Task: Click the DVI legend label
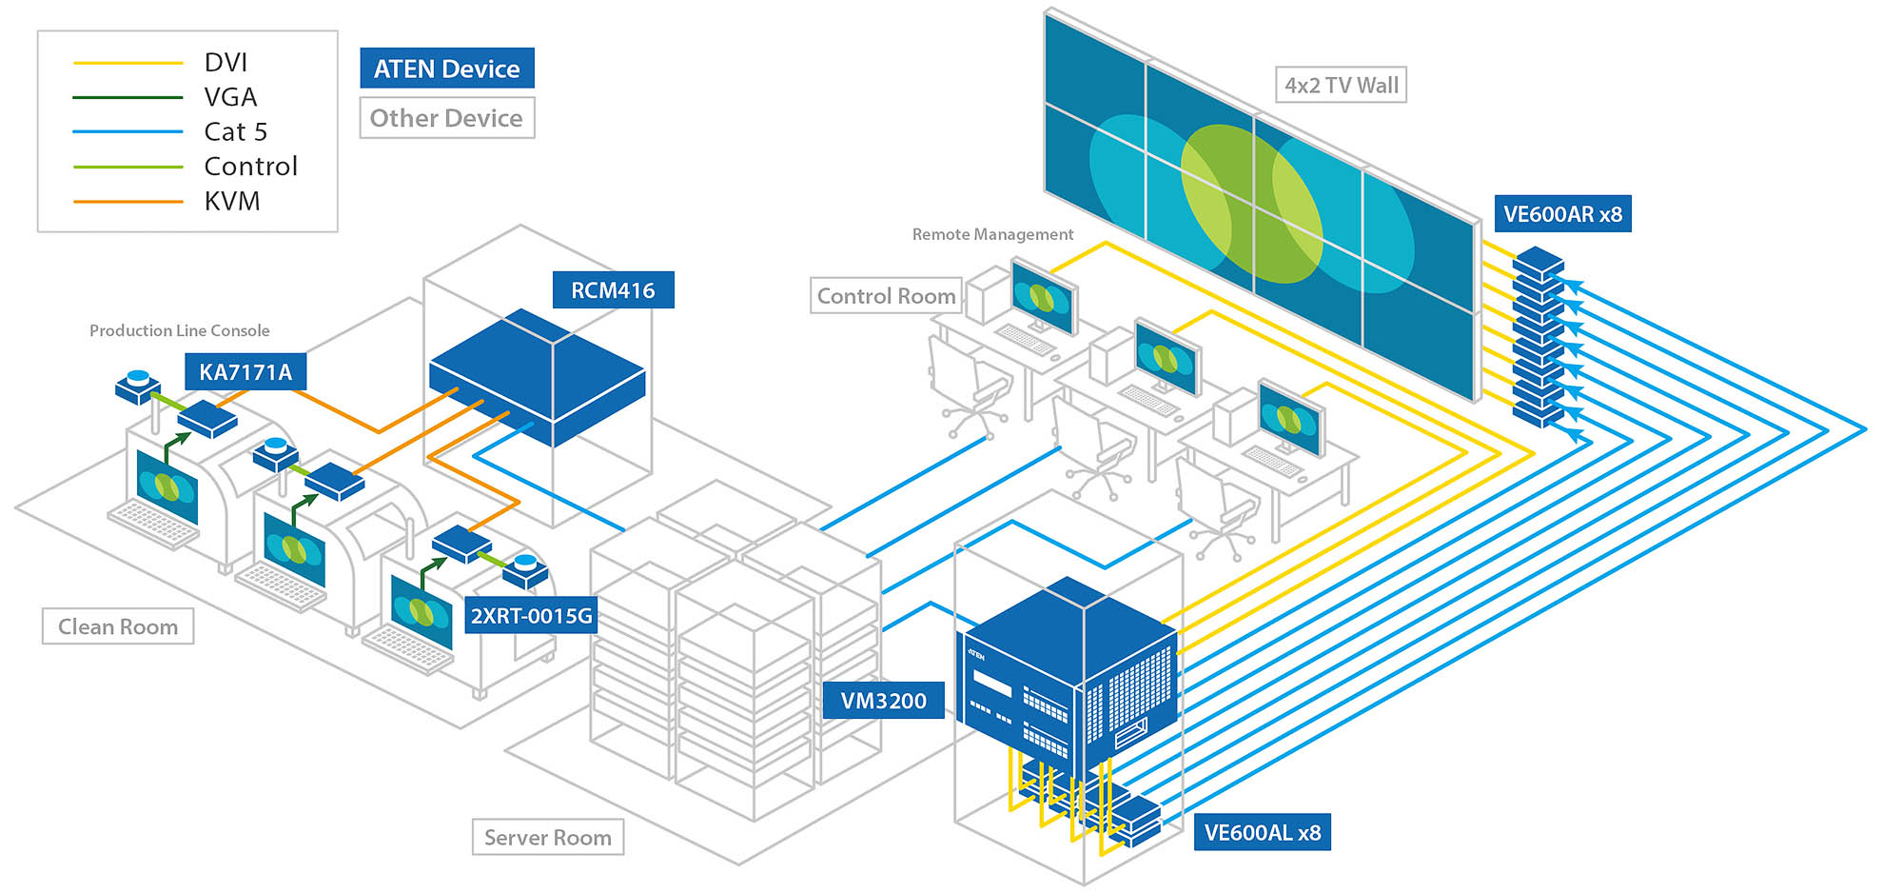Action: pyautogui.click(x=225, y=63)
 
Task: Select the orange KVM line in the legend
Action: pyautogui.click(x=127, y=202)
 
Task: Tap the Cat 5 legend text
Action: pyautogui.click(x=235, y=131)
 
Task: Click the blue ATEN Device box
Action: pyautogui.click(x=446, y=69)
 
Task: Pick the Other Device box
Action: pyautogui.click(x=446, y=118)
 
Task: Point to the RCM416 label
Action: pyautogui.click(x=613, y=290)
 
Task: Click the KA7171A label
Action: pyautogui.click(x=245, y=372)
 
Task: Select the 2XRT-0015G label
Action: pyautogui.click(x=531, y=616)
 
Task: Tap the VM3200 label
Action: pyautogui.click(x=883, y=701)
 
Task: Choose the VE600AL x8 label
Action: pyautogui.click(x=1262, y=833)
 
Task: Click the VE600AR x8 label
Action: pyautogui.click(x=1562, y=214)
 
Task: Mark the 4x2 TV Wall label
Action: pyautogui.click(x=1341, y=86)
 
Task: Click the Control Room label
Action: pyautogui.click(x=886, y=296)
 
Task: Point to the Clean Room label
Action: pyautogui.click(x=118, y=626)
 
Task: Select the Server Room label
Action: pyautogui.click(x=548, y=838)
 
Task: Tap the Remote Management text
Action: pyautogui.click(x=992, y=234)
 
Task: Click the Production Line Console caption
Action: pyautogui.click(x=179, y=330)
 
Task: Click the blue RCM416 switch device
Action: pyautogui.click(x=538, y=376)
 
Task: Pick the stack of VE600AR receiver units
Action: pyautogui.click(x=1539, y=338)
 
